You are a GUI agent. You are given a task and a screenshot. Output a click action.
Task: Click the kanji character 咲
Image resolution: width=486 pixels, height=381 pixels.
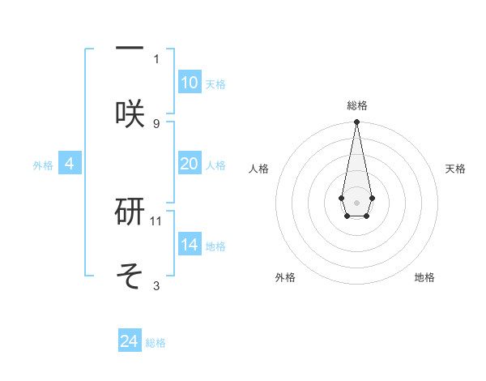130,113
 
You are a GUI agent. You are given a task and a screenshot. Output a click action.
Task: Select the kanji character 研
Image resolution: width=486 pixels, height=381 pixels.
130,211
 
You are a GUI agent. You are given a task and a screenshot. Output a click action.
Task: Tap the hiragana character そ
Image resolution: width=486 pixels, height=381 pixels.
130,276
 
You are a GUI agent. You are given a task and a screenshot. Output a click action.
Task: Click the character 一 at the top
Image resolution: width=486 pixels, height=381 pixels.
130,48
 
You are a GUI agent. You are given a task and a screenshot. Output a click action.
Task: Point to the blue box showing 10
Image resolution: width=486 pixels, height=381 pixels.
189,83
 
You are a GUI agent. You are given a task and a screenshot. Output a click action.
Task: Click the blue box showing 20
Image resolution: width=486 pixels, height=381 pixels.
189,164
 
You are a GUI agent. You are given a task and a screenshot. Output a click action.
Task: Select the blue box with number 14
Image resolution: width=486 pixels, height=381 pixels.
189,245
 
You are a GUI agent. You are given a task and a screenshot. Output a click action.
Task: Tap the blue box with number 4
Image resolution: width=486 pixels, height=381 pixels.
70,164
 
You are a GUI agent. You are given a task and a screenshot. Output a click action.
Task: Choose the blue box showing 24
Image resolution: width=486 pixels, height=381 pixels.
130,341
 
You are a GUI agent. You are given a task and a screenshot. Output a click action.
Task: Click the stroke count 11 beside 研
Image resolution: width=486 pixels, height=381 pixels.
156,220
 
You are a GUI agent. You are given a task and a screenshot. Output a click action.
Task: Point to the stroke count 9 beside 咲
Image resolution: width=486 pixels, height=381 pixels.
156,123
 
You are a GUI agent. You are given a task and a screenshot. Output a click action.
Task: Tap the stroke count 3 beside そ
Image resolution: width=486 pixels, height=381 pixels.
156,285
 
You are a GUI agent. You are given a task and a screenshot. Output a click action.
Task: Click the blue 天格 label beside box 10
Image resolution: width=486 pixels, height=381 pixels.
215,84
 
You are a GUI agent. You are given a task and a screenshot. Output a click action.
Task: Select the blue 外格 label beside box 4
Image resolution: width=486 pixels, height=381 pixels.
43,165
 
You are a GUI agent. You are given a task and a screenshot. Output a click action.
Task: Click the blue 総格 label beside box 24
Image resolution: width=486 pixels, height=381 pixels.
156,343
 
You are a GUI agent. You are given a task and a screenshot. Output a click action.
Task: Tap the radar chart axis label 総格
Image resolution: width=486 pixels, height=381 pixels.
356,105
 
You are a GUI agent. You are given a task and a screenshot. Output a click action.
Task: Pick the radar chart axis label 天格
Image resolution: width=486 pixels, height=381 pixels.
455,169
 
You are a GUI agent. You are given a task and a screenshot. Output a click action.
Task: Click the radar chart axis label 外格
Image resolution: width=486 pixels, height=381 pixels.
285,277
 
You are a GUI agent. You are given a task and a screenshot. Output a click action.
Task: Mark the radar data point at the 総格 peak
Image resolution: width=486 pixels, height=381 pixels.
356,122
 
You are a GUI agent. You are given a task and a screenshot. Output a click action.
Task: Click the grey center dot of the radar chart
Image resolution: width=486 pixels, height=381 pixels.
356,201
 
